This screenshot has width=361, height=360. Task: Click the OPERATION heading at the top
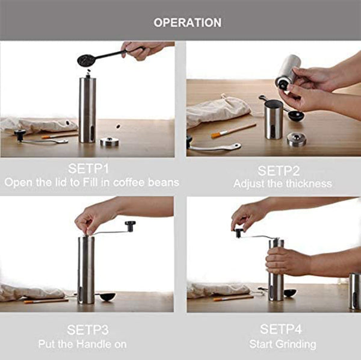187,23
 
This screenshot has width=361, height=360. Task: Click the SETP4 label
282,329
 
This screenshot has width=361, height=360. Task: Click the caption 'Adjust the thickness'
282,184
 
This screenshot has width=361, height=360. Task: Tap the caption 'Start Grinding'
282,344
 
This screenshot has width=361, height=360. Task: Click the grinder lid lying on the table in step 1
110,141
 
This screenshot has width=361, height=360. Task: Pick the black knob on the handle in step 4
239,232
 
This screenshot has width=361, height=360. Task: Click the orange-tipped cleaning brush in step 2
233,131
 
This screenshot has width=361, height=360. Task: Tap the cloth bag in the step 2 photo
217,110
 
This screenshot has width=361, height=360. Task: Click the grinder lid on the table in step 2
295,140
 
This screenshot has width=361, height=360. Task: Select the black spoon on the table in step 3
106,297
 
